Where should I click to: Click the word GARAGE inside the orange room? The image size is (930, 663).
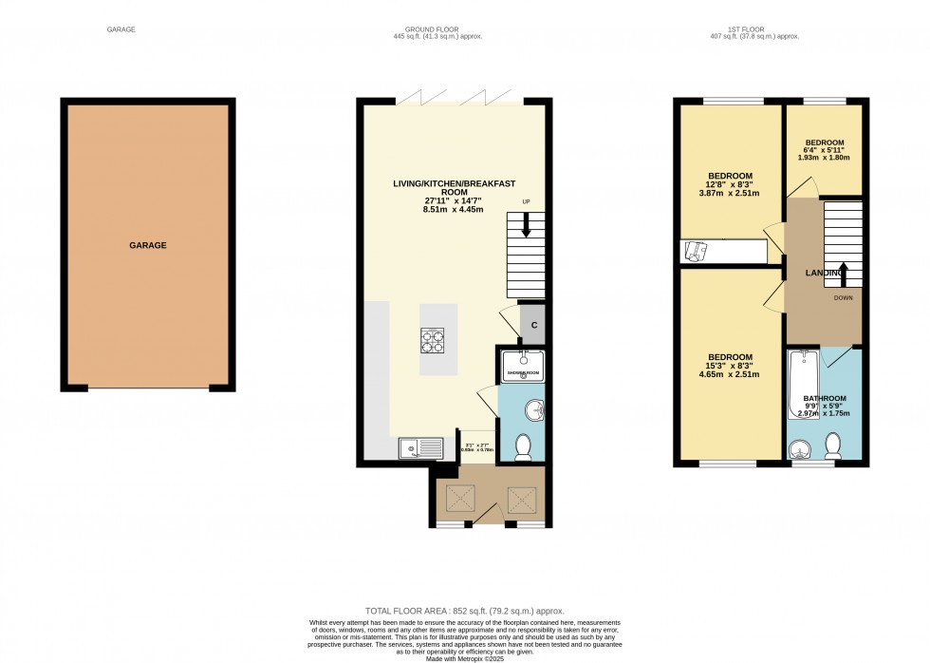click(x=147, y=245)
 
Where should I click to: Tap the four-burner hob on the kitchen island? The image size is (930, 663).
click(x=432, y=341)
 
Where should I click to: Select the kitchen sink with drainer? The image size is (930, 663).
click(x=418, y=446)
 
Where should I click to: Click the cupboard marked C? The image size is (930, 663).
click(x=533, y=326)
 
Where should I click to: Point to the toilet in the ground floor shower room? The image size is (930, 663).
click(x=523, y=446)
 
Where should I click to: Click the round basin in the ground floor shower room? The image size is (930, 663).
click(x=533, y=411)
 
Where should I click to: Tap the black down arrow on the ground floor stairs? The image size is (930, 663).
click(x=526, y=229)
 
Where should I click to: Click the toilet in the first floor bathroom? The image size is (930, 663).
click(x=834, y=445)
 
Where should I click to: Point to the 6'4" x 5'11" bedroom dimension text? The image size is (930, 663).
click(x=823, y=150)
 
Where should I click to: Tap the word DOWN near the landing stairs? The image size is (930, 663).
click(x=844, y=297)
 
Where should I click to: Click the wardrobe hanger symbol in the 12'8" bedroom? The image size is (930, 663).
click(x=697, y=251)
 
